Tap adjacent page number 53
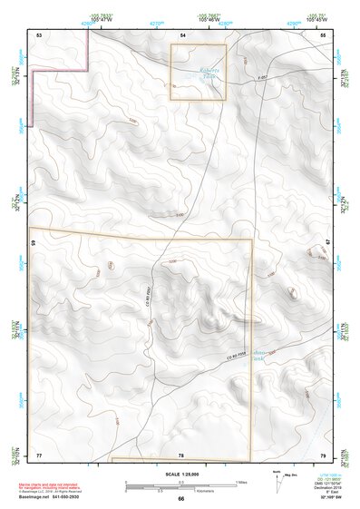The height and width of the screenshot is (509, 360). [x=39, y=34]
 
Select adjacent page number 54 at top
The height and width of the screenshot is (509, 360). [x=181, y=34]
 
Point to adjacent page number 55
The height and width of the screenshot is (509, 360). [x=322, y=34]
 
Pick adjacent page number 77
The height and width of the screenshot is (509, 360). [x=39, y=454]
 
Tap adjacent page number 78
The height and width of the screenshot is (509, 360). [x=181, y=454]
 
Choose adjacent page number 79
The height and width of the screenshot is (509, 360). [x=322, y=454]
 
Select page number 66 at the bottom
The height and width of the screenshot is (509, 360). [x=180, y=498]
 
